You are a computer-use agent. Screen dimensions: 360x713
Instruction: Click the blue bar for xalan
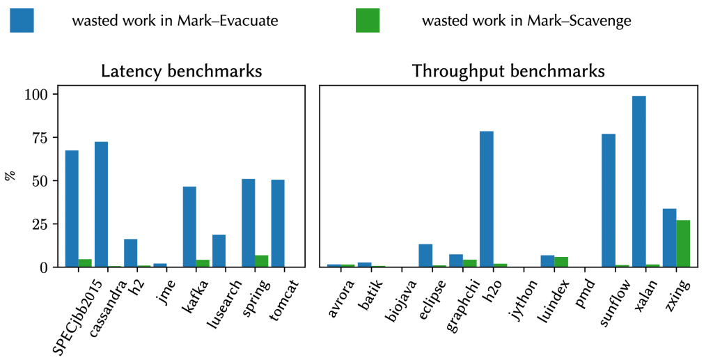639,182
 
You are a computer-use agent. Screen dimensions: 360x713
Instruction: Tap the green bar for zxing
682,244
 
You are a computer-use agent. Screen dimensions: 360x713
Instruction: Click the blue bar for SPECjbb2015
72,209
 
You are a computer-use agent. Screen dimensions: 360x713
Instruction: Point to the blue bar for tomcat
278,224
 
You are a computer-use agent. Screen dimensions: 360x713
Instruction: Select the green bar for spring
261,261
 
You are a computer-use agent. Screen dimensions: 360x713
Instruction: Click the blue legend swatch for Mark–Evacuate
22,21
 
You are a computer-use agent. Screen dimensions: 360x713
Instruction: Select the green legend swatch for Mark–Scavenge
368,21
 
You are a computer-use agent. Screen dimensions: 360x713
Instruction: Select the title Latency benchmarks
182,71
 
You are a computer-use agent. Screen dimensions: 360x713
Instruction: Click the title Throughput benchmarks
508,71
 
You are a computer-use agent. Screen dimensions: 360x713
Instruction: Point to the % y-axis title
10,176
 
